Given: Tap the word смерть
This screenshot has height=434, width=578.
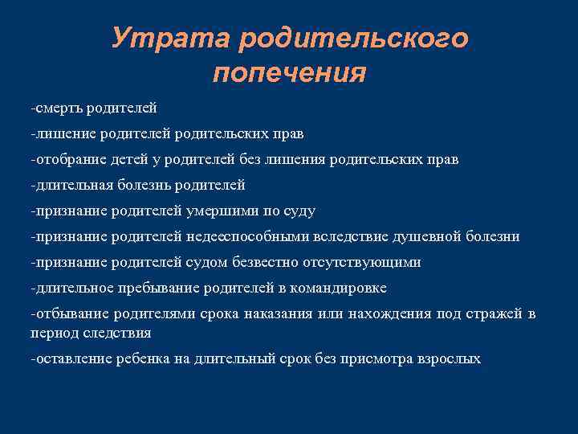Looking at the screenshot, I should (61, 107).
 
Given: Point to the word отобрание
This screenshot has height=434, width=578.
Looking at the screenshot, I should (70, 159).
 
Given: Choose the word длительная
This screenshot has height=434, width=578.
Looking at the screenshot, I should (73, 185).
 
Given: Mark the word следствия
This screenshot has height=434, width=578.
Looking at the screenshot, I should (121, 331).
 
